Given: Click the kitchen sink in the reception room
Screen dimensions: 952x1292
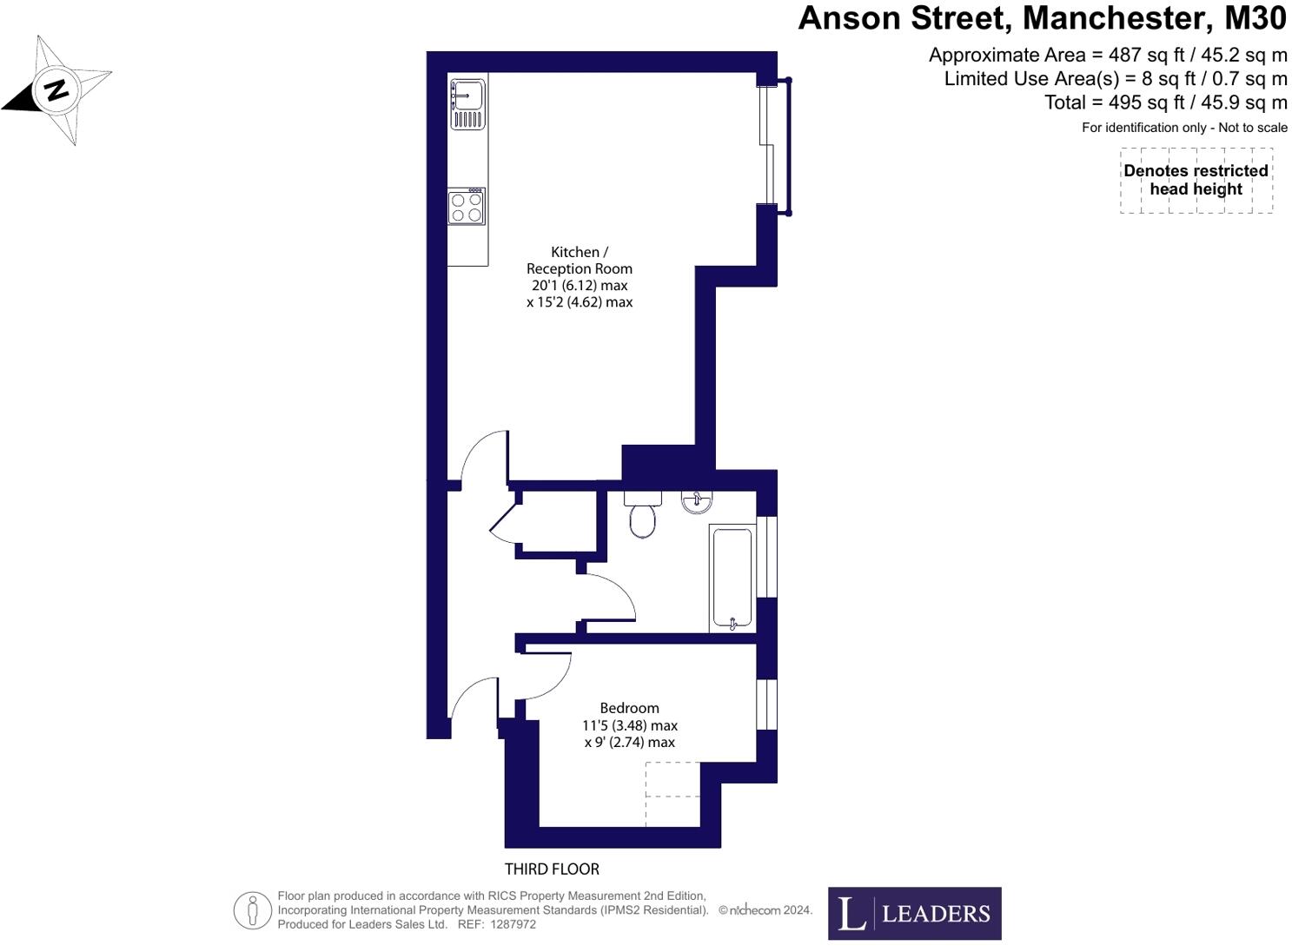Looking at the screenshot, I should pyautogui.click(x=467, y=100).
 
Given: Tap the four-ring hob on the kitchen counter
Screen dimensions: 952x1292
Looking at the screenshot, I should pyautogui.click(x=467, y=208).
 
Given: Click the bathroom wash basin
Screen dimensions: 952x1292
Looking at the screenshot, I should pyautogui.click(x=697, y=501).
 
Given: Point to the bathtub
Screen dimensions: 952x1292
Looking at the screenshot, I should pyautogui.click(x=732, y=578).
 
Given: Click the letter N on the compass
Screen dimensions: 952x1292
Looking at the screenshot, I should pyautogui.click(x=56, y=89).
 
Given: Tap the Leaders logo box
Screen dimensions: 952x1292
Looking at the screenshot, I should pyautogui.click(x=914, y=913).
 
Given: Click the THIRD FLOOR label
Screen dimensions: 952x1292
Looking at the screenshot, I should pyautogui.click(x=552, y=869).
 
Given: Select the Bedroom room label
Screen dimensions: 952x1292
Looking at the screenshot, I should pyautogui.click(x=629, y=708).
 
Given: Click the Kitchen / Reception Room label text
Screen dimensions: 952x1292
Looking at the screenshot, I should pyautogui.click(x=580, y=261).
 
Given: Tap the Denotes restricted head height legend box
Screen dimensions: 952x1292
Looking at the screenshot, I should pyautogui.click(x=1196, y=180).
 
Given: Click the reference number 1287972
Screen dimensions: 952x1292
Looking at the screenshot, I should pyautogui.click(x=513, y=924).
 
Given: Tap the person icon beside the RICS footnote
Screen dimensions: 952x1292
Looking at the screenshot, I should pyautogui.click(x=253, y=911).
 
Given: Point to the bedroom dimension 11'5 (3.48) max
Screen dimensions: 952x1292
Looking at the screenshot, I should pyautogui.click(x=629, y=725).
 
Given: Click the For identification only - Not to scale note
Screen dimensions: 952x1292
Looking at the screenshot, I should pyautogui.click(x=1184, y=128).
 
